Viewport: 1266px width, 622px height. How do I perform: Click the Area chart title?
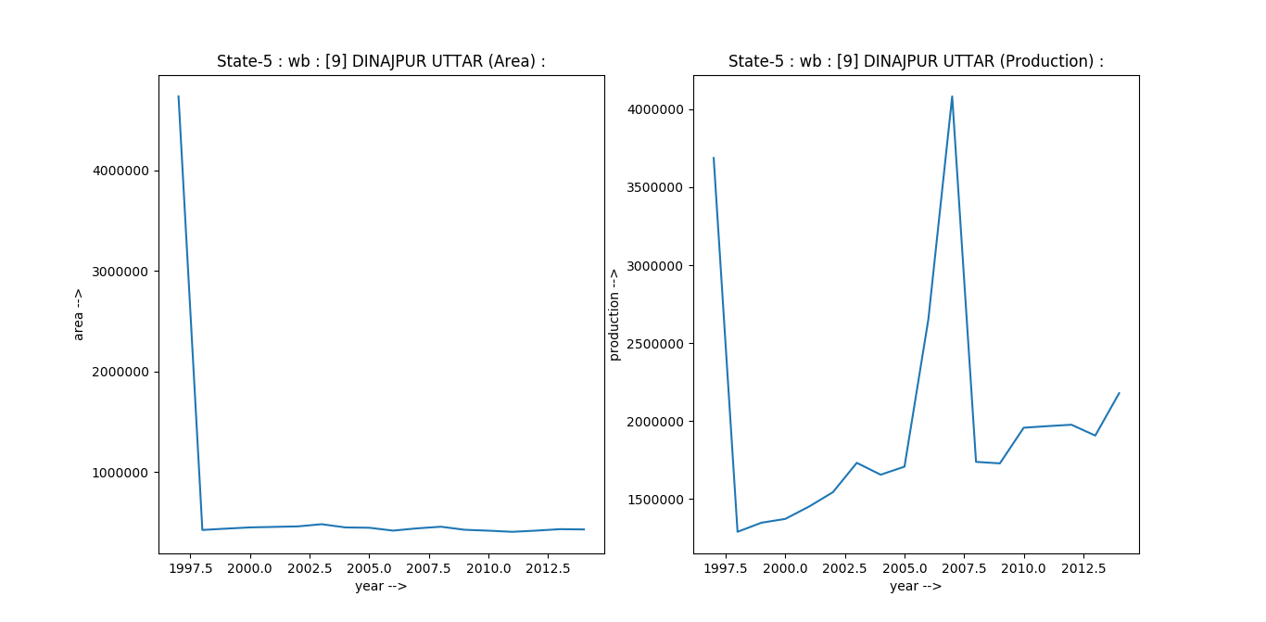click(381, 61)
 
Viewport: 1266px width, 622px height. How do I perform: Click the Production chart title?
click(916, 61)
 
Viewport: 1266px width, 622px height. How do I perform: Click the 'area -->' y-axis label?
click(79, 314)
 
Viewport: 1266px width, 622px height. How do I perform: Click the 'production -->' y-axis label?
click(614, 314)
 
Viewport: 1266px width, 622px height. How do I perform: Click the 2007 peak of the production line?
click(952, 96)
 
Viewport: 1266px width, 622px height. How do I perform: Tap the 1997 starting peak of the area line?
click(178, 96)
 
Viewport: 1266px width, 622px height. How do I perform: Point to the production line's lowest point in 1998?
click(738, 531)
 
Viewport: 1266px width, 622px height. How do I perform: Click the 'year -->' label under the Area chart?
click(381, 586)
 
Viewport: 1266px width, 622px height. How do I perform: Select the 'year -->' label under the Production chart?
click(916, 586)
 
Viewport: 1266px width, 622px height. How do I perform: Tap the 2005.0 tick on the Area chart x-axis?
click(369, 567)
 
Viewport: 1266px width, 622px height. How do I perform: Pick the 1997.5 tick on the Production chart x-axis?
click(726, 567)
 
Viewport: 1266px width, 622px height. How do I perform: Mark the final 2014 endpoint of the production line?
click(1119, 393)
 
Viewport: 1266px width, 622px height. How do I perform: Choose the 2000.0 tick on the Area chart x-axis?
click(250, 567)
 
